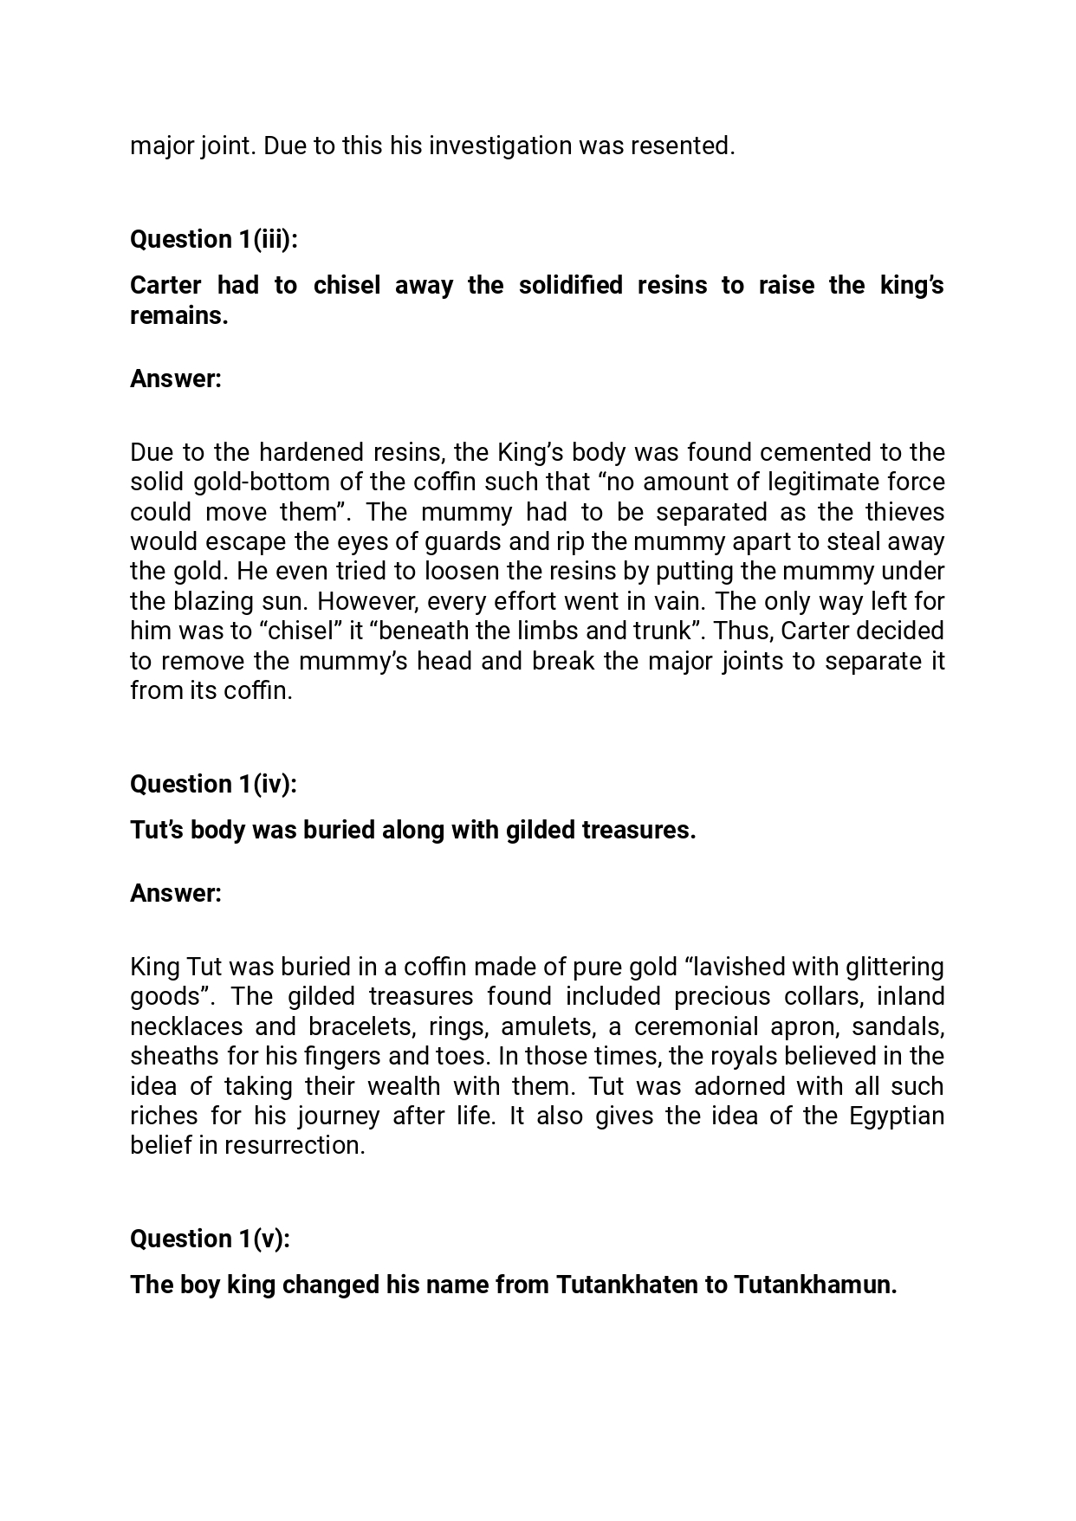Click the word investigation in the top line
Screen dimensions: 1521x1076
(x=500, y=146)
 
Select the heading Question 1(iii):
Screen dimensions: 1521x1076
(x=213, y=239)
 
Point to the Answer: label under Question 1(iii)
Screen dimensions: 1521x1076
(x=176, y=379)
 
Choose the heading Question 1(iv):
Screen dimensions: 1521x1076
(x=213, y=784)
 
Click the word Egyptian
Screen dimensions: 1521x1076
(x=896, y=1116)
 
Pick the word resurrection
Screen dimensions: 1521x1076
(x=295, y=1145)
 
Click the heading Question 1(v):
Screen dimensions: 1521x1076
(x=210, y=1239)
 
